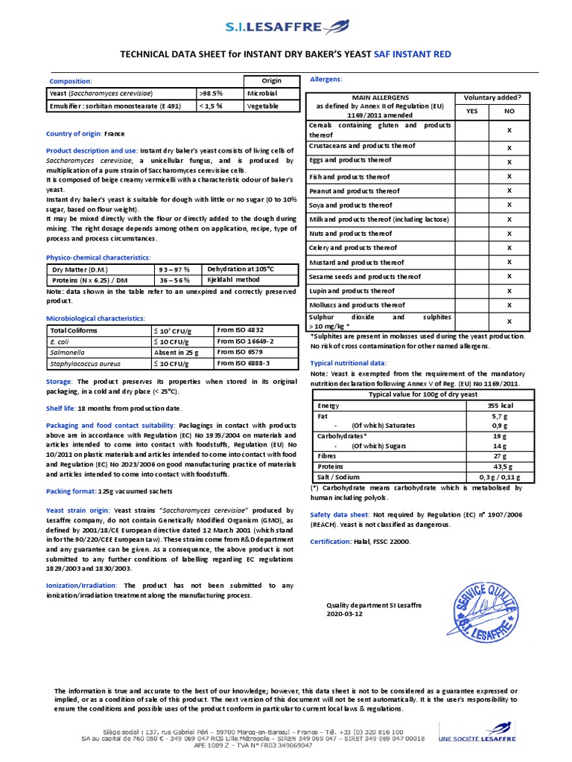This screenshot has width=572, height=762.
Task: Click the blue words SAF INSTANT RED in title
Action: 412,54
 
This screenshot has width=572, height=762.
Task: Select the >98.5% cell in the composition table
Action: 212,94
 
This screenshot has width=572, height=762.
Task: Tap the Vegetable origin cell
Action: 263,106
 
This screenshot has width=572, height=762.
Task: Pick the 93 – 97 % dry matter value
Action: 174,269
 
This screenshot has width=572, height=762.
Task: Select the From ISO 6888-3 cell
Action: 244,363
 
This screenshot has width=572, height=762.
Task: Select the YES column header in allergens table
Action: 471,110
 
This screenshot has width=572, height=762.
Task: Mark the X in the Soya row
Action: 509,205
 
